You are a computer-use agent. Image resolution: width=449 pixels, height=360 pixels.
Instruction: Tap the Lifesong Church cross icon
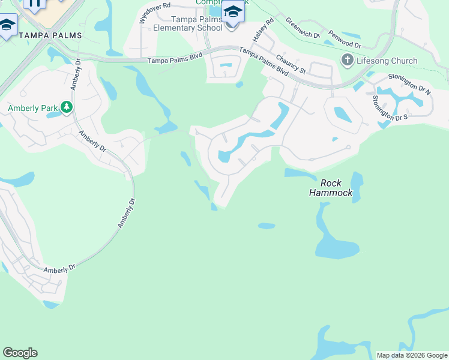(x=347, y=60)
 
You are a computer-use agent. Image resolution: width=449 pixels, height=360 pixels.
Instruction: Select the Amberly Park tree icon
(x=66, y=108)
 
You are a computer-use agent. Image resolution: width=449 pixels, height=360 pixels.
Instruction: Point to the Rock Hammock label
(x=330, y=188)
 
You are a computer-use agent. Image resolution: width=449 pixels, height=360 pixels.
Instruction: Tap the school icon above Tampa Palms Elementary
(x=233, y=12)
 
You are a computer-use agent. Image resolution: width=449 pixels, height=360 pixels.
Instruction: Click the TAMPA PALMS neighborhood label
(x=50, y=36)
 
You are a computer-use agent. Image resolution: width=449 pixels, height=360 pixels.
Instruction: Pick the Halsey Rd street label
(x=263, y=29)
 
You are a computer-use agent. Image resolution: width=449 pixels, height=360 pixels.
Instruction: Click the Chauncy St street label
(x=291, y=64)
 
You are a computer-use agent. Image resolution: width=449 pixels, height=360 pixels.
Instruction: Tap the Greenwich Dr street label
(x=303, y=28)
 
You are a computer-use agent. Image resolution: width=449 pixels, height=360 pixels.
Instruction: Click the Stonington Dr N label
(x=410, y=84)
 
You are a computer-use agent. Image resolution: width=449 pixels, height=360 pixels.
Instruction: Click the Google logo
(x=20, y=353)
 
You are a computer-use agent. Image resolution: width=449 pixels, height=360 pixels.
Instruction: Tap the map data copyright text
(x=412, y=355)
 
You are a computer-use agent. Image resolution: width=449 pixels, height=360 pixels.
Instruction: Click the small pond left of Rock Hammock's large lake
(x=267, y=226)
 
